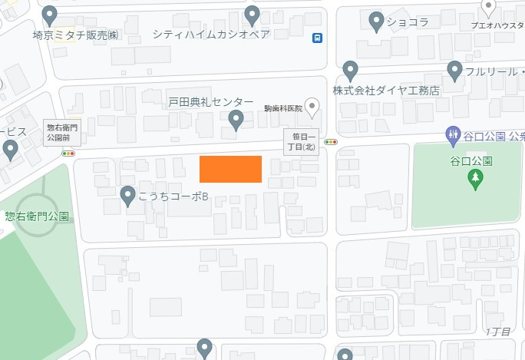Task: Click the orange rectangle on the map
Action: point(230,169)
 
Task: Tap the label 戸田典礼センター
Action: point(211,102)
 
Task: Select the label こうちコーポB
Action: point(174,197)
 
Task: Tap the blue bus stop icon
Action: point(317,38)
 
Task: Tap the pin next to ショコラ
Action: point(376,21)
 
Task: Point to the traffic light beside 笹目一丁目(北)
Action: point(332,142)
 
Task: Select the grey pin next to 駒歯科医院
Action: point(312,107)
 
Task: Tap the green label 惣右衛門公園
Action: point(37,216)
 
